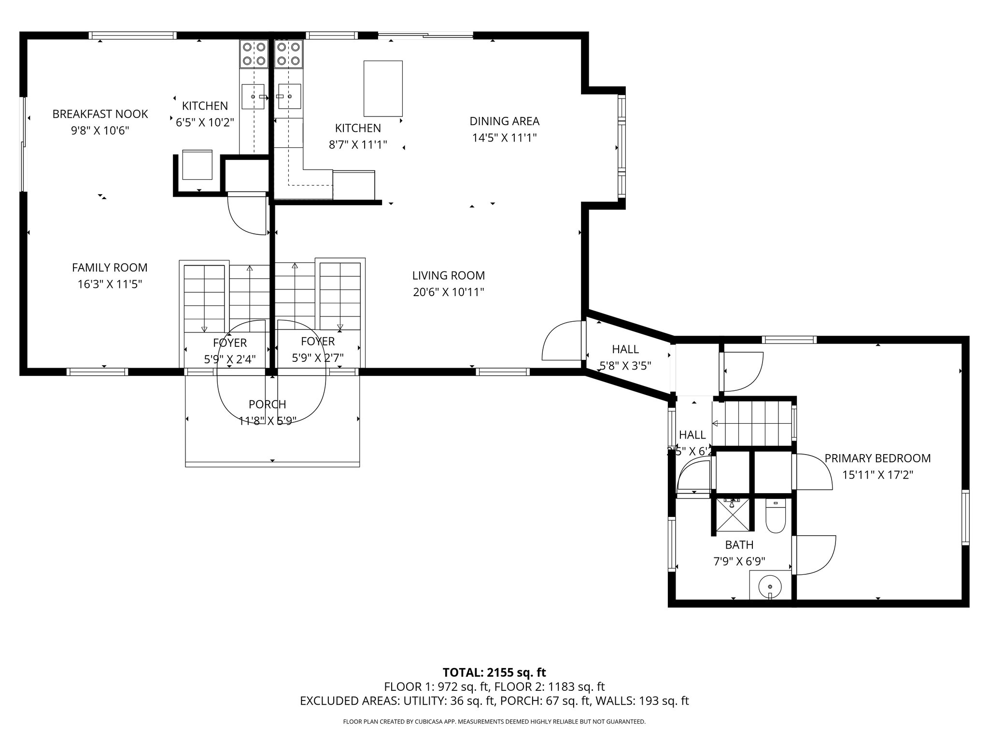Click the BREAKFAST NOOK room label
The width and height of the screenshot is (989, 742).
click(x=100, y=114)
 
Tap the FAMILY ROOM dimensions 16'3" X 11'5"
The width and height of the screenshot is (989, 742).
click(x=110, y=284)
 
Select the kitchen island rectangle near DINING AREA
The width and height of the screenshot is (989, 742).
click(x=383, y=88)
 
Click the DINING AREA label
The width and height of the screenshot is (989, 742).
click(x=504, y=121)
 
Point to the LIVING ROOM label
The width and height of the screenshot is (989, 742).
click(x=448, y=276)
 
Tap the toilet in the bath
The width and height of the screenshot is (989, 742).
click(x=776, y=517)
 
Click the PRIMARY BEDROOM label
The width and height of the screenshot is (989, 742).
click(x=877, y=458)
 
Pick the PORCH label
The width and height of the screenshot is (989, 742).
click(x=268, y=404)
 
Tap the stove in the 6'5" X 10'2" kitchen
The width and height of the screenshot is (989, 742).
click(x=254, y=54)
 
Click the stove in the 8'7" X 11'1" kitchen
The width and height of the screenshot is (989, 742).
click(x=289, y=54)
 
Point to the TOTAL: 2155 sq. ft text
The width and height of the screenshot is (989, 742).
click(x=494, y=672)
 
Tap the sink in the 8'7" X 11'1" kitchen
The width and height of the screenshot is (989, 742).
click(x=289, y=96)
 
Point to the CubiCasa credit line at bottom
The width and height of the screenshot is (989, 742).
click(x=494, y=722)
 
